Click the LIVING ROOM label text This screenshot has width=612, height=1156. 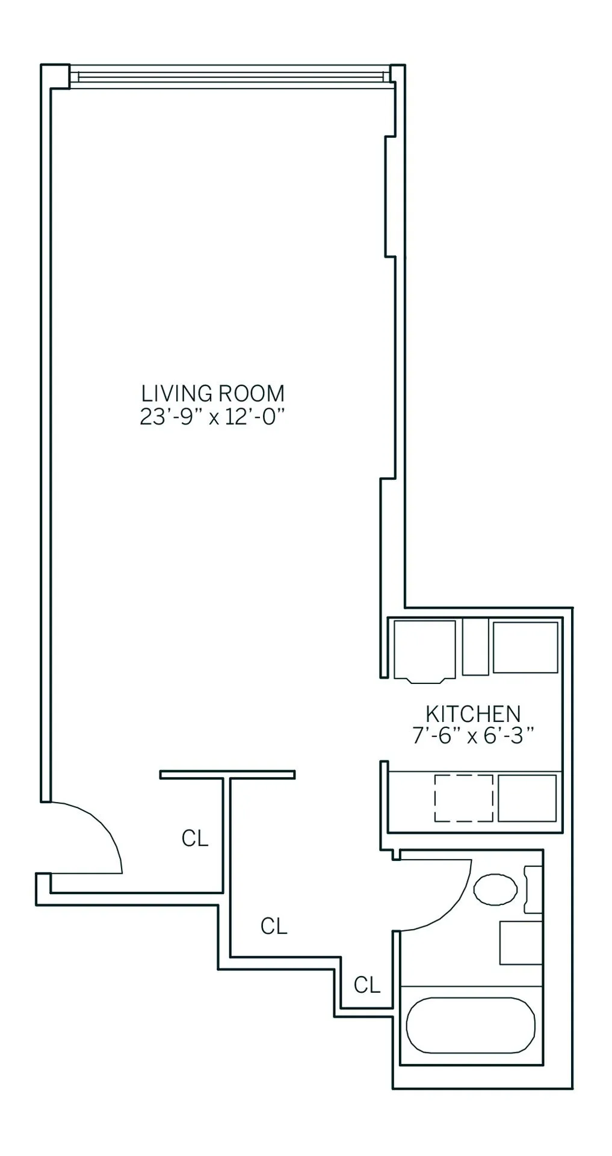tap(212, 394)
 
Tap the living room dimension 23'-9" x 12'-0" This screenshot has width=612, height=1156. tap(212, 417)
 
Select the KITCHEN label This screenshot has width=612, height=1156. tap(472, 714)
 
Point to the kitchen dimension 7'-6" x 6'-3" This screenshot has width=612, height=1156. tap(473, 736)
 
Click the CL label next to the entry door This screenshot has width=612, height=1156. tap(194, 838)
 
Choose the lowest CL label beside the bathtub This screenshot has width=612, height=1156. tap(366, 985)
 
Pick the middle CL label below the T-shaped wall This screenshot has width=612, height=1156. tap(274, 926)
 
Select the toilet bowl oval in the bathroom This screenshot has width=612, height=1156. tap(495, 889)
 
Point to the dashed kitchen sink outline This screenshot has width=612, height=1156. tap(463, 798)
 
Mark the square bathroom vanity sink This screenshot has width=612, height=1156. tap(521, 942)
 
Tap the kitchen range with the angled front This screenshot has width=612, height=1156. tap(424, 650)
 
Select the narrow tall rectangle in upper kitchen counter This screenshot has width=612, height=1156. tap(475, 647)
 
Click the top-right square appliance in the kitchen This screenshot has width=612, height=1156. tap(525, 647)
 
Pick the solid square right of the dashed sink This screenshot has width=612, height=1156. tap(527, 798)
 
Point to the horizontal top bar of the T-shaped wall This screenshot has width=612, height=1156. tap(227, 774)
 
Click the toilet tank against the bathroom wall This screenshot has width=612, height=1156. tap(533, 889)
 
